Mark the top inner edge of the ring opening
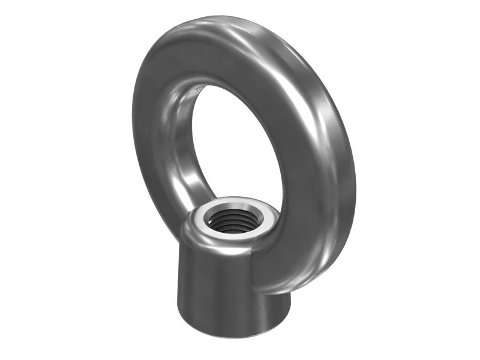(222, 84)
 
